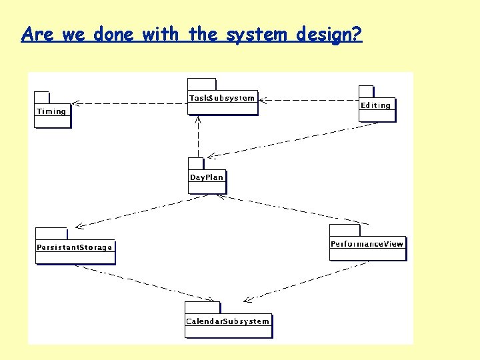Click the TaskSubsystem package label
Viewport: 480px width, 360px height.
(x=222, y=98)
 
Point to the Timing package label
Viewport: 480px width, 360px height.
(x=51, y=111)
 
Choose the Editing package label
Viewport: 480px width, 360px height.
(x=376, y=105)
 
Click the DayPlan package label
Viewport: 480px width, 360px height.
(x=207, y=177)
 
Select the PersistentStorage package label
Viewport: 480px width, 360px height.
(x=75, y=247)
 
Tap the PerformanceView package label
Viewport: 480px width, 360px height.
(x=367, y=244)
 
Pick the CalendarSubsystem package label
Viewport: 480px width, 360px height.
(x=228, y=321)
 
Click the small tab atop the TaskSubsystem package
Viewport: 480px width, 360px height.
(x=202, y=85)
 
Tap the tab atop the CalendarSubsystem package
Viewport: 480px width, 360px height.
(x=202, y=308)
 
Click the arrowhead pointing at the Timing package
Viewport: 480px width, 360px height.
(x=75, y=103)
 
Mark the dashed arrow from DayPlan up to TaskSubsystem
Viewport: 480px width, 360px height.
(x=198, y=137)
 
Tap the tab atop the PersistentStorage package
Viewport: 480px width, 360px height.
(x=51, y=233)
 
